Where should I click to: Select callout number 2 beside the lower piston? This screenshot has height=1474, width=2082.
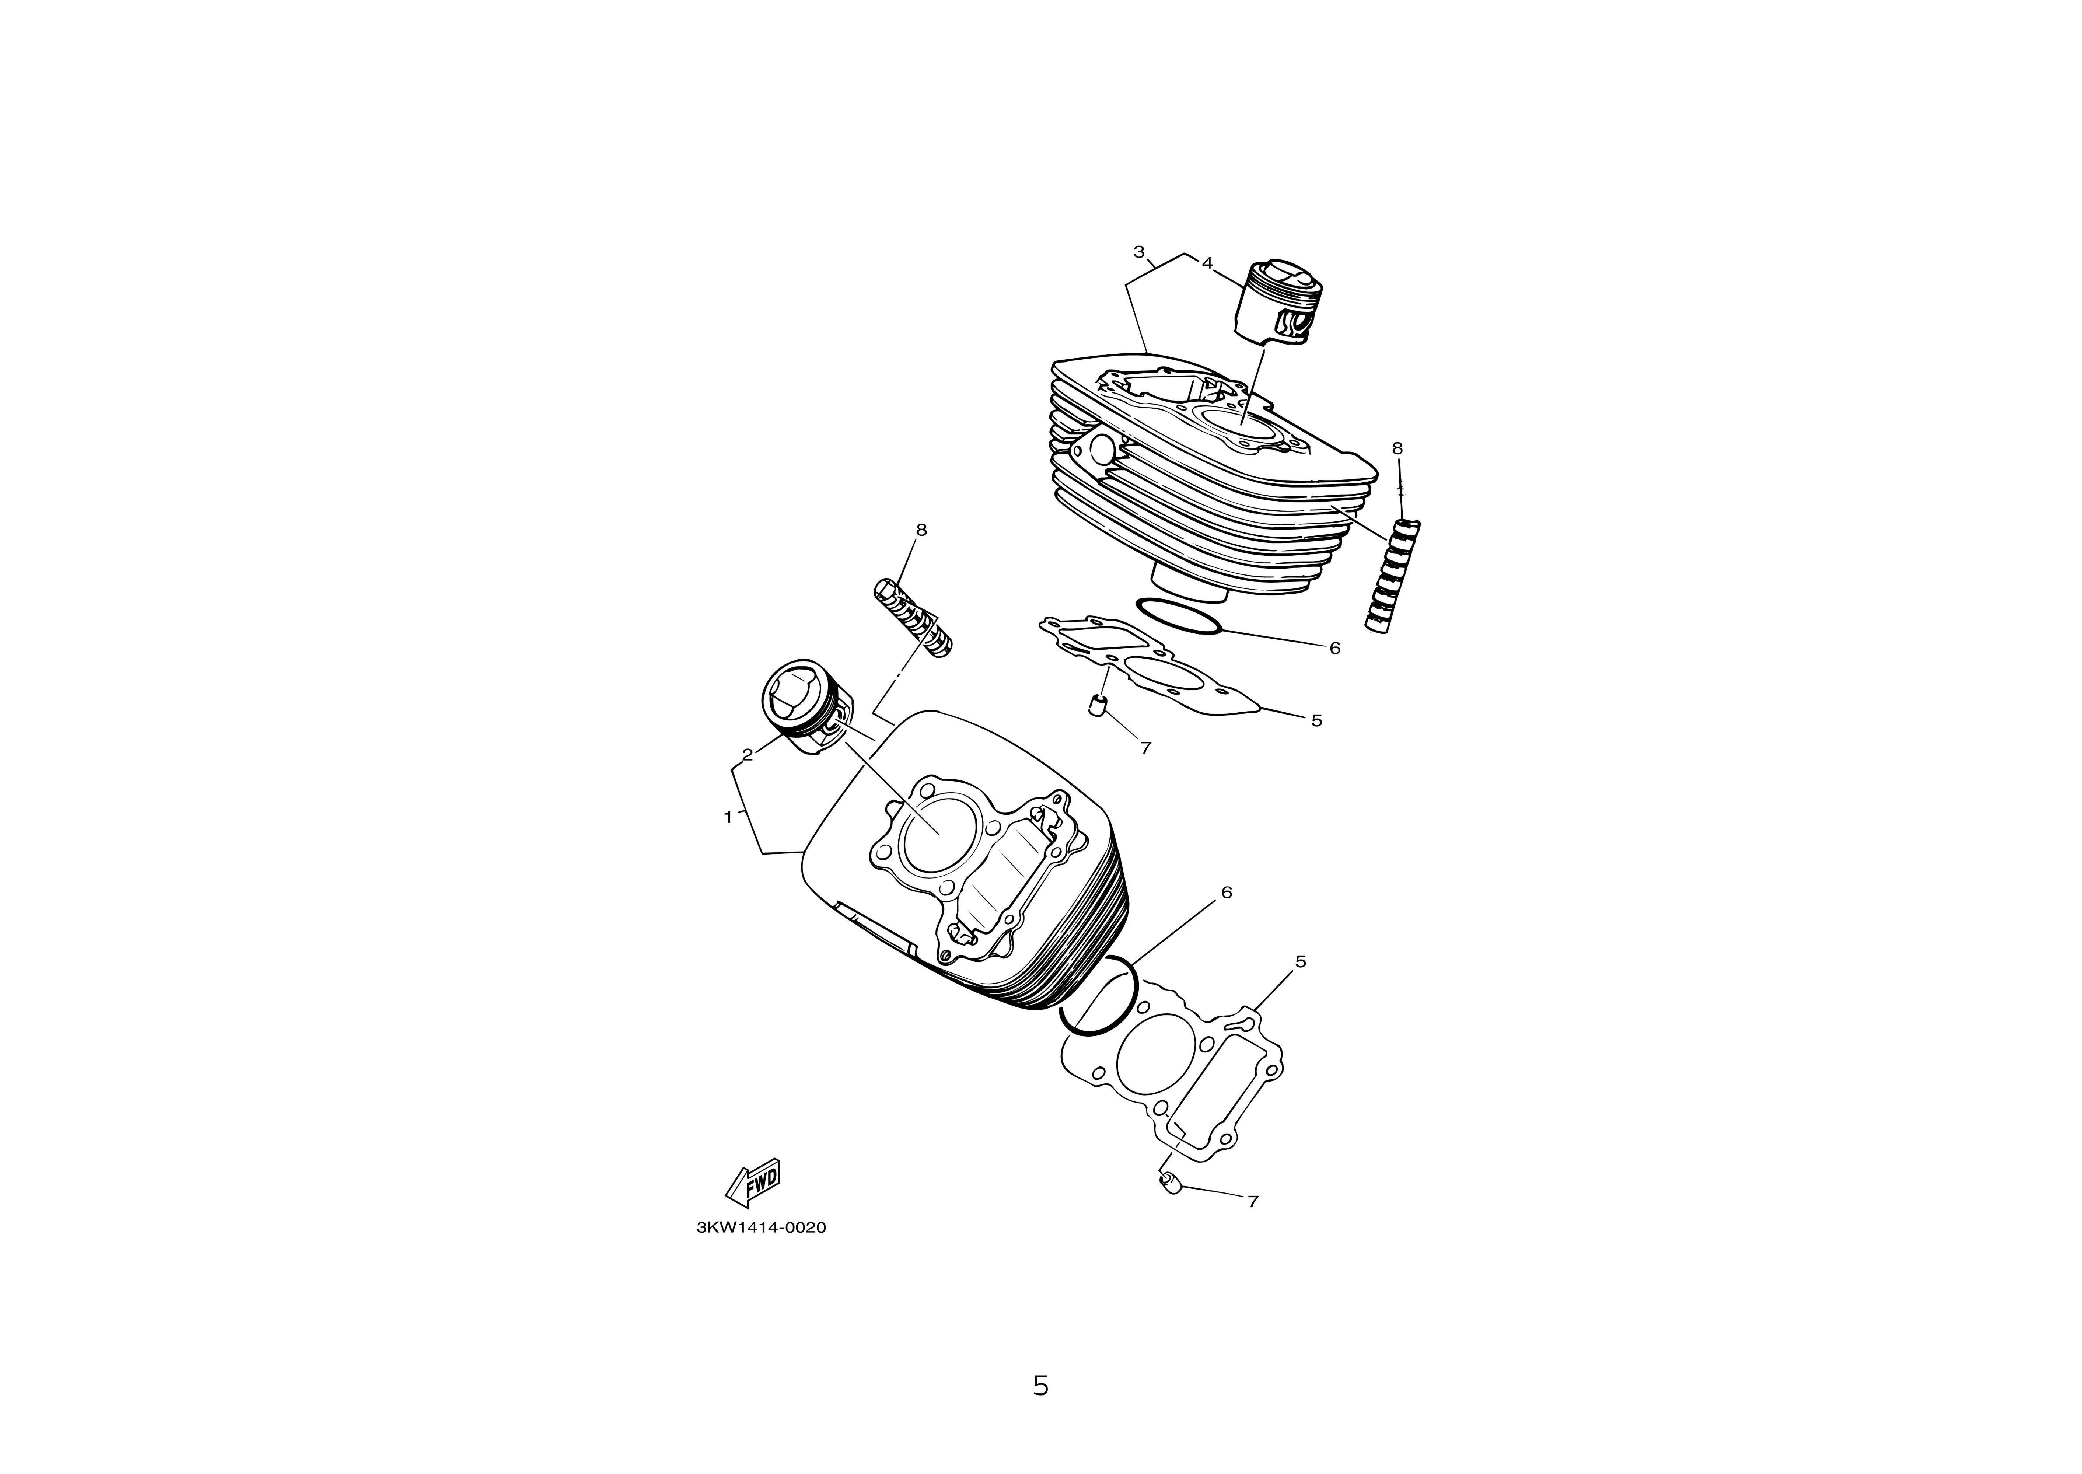pos(748,754)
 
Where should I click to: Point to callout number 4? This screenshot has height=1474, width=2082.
pos(1207,262)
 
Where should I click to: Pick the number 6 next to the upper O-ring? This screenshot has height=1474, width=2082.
pos(1334,648)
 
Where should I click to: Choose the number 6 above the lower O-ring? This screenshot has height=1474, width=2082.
pos(1227,892)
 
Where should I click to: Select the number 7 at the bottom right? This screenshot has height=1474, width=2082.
pos(1253,1201)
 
